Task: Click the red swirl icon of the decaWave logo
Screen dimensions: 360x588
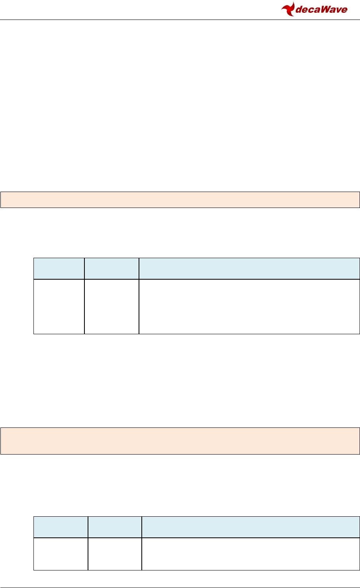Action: (x=288, y=9)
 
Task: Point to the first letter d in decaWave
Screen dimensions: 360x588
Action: (x=298, y=10)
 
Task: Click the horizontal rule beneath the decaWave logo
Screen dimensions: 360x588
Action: (x=180, y=20)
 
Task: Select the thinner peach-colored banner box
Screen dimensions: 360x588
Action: (x=180, y=200)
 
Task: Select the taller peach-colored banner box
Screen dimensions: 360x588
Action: (x=180, y=441)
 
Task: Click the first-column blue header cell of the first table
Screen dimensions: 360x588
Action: (x=59, y=269)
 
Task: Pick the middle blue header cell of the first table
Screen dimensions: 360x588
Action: (x=112, y=269)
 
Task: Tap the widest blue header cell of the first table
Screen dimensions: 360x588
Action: (x=249, y=269)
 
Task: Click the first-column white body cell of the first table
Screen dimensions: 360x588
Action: (x=59, y=306)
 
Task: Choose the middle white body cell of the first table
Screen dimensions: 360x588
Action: (x=112, y=306)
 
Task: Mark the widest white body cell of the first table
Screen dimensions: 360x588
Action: (x=249, y=306)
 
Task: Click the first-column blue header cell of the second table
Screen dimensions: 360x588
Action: (x=61, y=527)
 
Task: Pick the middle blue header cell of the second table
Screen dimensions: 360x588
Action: (x=115, y=527)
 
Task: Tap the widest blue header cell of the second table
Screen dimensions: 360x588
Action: (x=251, y=527)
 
